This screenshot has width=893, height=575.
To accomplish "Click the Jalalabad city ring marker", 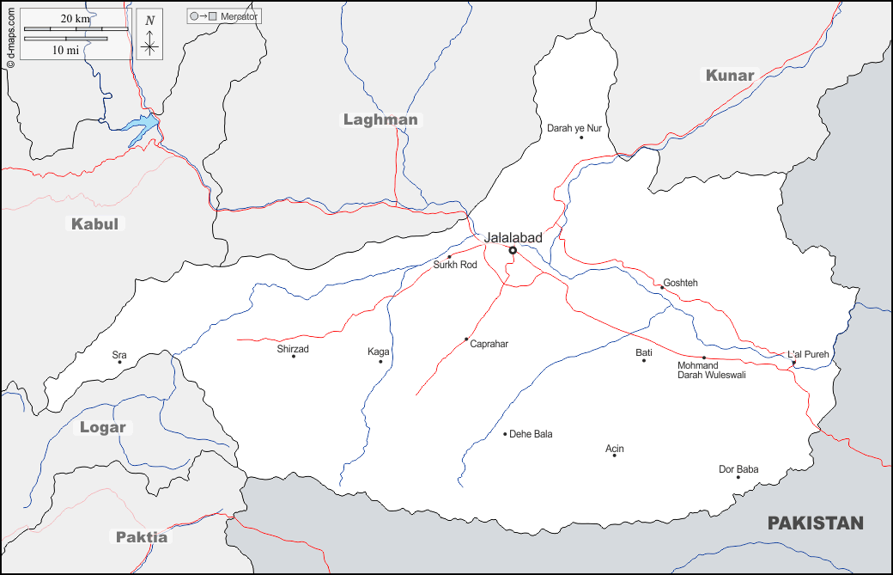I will tap(513, 251).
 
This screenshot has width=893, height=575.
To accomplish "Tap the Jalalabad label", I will tap(513, 237).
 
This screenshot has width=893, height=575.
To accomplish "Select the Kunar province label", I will tap(730, 76).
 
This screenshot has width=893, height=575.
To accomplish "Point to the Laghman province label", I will tap(380, 119).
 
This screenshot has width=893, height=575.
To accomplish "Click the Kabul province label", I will tap(94, 224).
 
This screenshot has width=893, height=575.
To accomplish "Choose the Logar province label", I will tap(103, 427).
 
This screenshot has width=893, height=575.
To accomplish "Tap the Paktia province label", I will tap(142, 537).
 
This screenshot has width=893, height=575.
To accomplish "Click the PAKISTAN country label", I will tap(815, 523).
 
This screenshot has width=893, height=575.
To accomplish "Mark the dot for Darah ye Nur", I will tap(581, 138).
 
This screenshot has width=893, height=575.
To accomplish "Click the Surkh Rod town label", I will tap(455, 265).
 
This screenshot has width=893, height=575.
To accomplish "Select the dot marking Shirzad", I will tap(294, 357).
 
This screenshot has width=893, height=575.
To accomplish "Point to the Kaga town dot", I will tap(380, 362).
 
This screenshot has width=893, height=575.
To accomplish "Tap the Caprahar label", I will tap(489, 344).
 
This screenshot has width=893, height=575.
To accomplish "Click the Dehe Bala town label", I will tap(531, 434).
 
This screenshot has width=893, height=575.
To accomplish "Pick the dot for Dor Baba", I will tap(738, 478).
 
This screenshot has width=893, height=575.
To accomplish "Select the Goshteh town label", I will tap(680, 283).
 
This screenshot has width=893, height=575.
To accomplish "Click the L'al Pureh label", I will tap(808, 354).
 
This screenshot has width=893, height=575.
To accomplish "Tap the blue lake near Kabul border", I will tap(141, 128).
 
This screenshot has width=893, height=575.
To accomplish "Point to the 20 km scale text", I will tap(76, 19).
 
